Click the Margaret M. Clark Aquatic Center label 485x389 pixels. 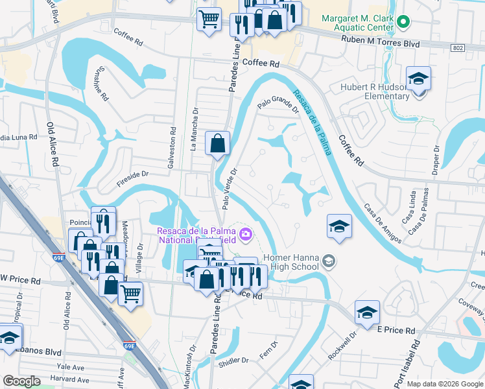tap(359, 23)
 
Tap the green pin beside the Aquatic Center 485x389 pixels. tap(403, 22)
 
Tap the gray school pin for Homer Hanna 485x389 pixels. tap(329, 261)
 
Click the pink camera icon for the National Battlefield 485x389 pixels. tap(245, 233)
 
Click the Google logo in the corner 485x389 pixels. tap(21, 381)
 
